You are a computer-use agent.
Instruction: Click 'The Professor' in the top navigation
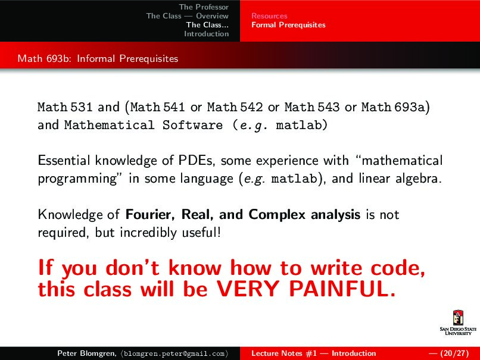pos(204,7)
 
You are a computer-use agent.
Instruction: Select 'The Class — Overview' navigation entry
pos(188,16)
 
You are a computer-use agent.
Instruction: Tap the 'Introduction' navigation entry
pos(206,34)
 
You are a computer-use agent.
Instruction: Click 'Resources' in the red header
pos(269,16)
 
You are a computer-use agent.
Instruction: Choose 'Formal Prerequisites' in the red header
pos(288,25)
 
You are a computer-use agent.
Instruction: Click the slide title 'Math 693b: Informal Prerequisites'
pos(98,59)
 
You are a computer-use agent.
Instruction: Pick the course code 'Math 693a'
pos(393,108)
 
